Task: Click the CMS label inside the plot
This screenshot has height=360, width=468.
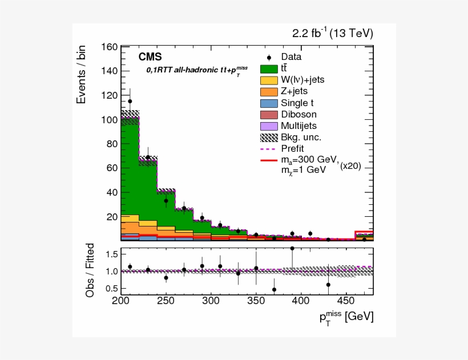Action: [150, 57]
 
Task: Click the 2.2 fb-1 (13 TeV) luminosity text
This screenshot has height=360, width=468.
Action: [333, 34]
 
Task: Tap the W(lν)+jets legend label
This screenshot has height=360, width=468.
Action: [302, 79]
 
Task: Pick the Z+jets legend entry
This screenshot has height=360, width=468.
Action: [294, 91]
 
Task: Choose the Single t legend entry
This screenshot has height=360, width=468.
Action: [297, 103]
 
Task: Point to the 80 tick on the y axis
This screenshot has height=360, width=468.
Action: [112, 144]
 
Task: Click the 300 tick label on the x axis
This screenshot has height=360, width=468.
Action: [211, 301]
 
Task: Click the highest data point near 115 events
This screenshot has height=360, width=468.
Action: [130, 101]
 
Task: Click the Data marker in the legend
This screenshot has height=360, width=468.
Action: [269, 57]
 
